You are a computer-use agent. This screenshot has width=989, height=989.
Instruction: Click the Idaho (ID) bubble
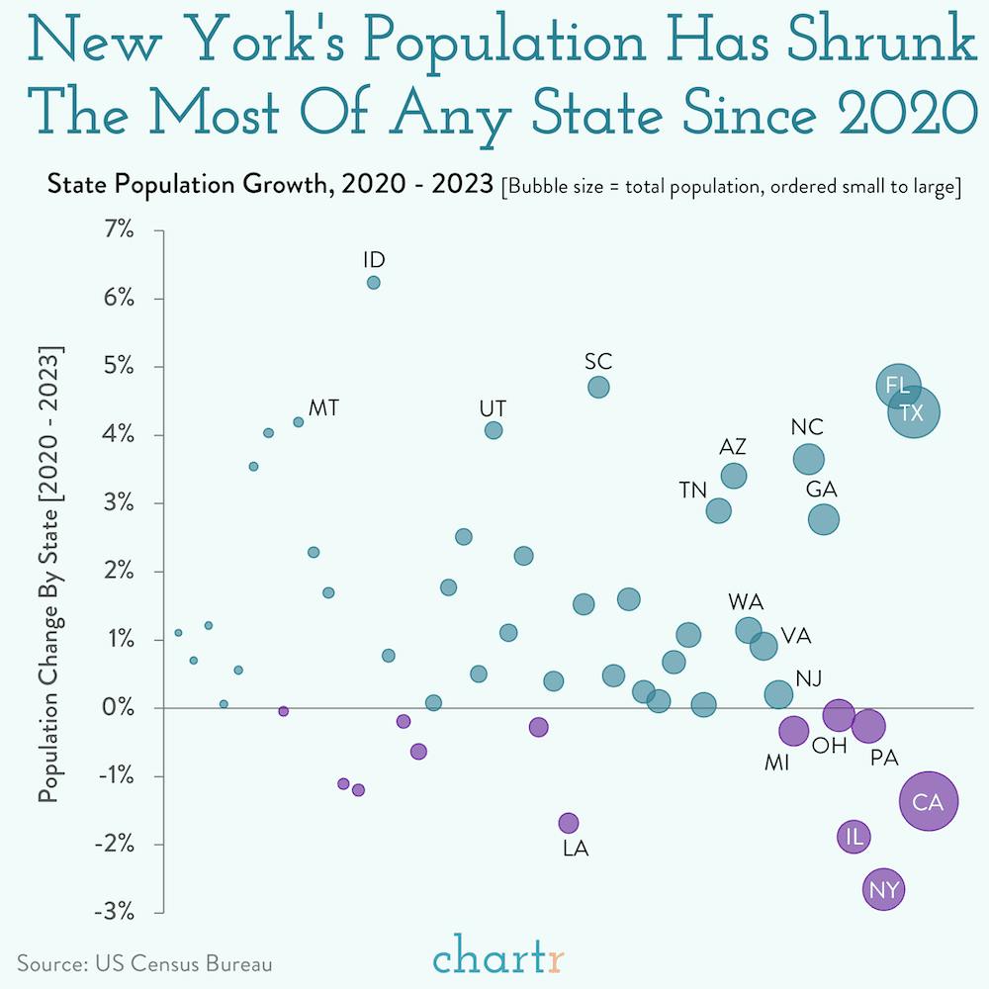pos(373,282)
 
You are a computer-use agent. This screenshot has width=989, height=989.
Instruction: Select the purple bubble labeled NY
pos(883,890)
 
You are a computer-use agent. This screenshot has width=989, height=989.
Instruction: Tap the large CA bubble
pos(929,802)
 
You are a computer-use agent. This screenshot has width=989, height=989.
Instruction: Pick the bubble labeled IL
pos(854,837)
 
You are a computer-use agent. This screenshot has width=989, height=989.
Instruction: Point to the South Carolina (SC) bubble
pos(598,387)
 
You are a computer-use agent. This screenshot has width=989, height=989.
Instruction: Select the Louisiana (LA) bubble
pos(568,822)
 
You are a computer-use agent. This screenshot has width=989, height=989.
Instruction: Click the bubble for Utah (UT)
pos(494,430)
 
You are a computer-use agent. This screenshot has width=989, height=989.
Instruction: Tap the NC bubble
pos(809,459)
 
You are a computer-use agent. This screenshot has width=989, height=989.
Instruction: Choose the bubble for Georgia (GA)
pos(824,519)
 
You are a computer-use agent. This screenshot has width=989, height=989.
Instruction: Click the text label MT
pos(324,407)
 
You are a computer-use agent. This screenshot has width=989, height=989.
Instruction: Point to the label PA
pos(883,759)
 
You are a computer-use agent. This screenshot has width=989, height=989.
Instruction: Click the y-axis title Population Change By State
pos(48,574)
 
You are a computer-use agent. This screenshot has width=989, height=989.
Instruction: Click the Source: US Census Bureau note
pos(144,962)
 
